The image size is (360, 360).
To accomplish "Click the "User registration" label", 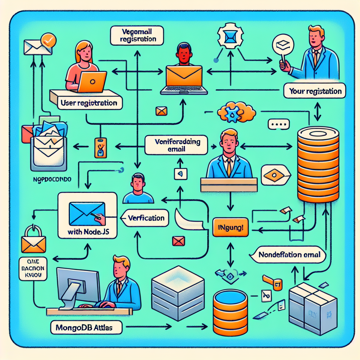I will coord(89,103).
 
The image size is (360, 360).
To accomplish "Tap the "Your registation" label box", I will coord(315,91).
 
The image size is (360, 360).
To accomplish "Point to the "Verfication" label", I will coord(146,218).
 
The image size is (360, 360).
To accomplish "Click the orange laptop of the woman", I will coord(92,82).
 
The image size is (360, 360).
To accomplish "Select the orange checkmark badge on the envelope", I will coord(47,40).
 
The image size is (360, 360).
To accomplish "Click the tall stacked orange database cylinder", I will coord(318,165).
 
